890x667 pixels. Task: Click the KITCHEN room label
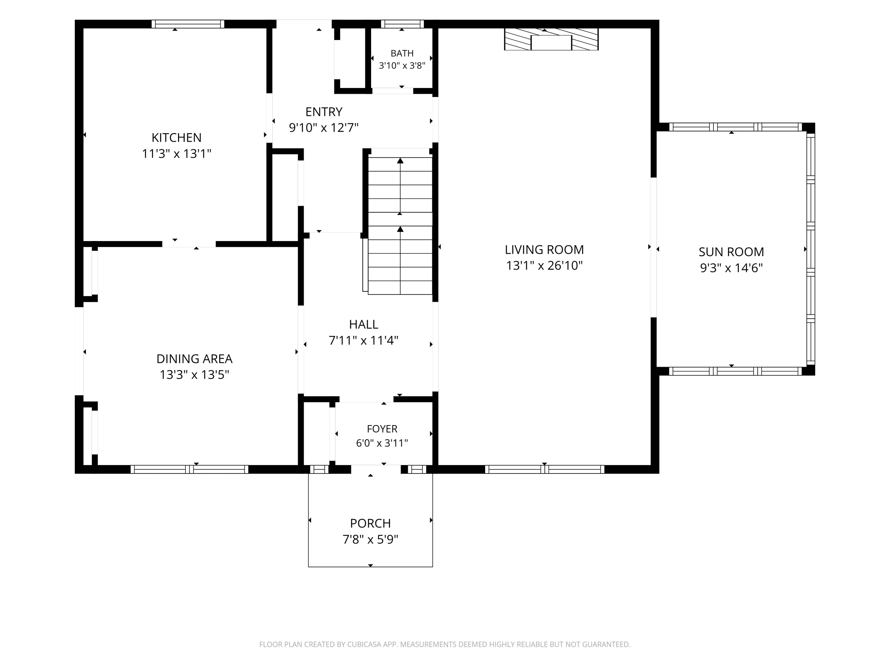click(176, 138)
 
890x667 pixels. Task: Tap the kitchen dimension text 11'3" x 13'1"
click(176, 154)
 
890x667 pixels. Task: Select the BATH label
click(402, 53)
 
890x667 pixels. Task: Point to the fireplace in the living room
click(551, 39)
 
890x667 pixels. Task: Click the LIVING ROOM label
click(544, 250)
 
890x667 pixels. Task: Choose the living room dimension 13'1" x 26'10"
click(544, 266)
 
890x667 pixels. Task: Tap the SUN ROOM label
click(731, 252)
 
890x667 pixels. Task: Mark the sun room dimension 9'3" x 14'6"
click(731, 268)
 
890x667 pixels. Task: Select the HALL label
click(363, 324)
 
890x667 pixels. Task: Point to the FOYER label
click(382, 429)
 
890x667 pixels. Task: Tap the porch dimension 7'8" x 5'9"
click(370, 539)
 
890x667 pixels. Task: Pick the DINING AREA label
click(194, 359)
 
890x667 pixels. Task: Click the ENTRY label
click(324, 111)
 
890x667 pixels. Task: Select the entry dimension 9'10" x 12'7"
click(324, 127)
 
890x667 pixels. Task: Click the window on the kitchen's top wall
click(187, 24)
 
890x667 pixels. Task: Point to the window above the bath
click(402, 24)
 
